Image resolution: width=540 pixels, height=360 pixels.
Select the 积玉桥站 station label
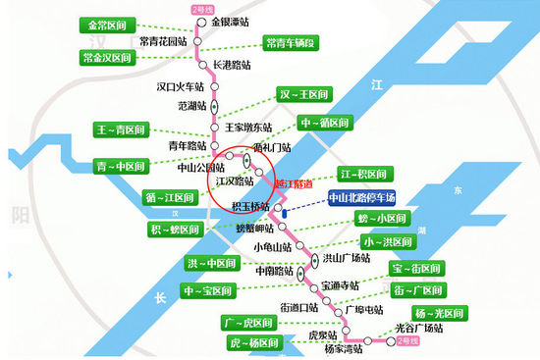(x=251, y=206)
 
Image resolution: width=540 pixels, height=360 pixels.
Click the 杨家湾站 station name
(x=343, y=347)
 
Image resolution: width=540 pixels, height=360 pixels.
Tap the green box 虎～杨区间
(x=253, y=343)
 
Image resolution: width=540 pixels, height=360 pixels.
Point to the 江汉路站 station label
(x=236, y=181)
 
